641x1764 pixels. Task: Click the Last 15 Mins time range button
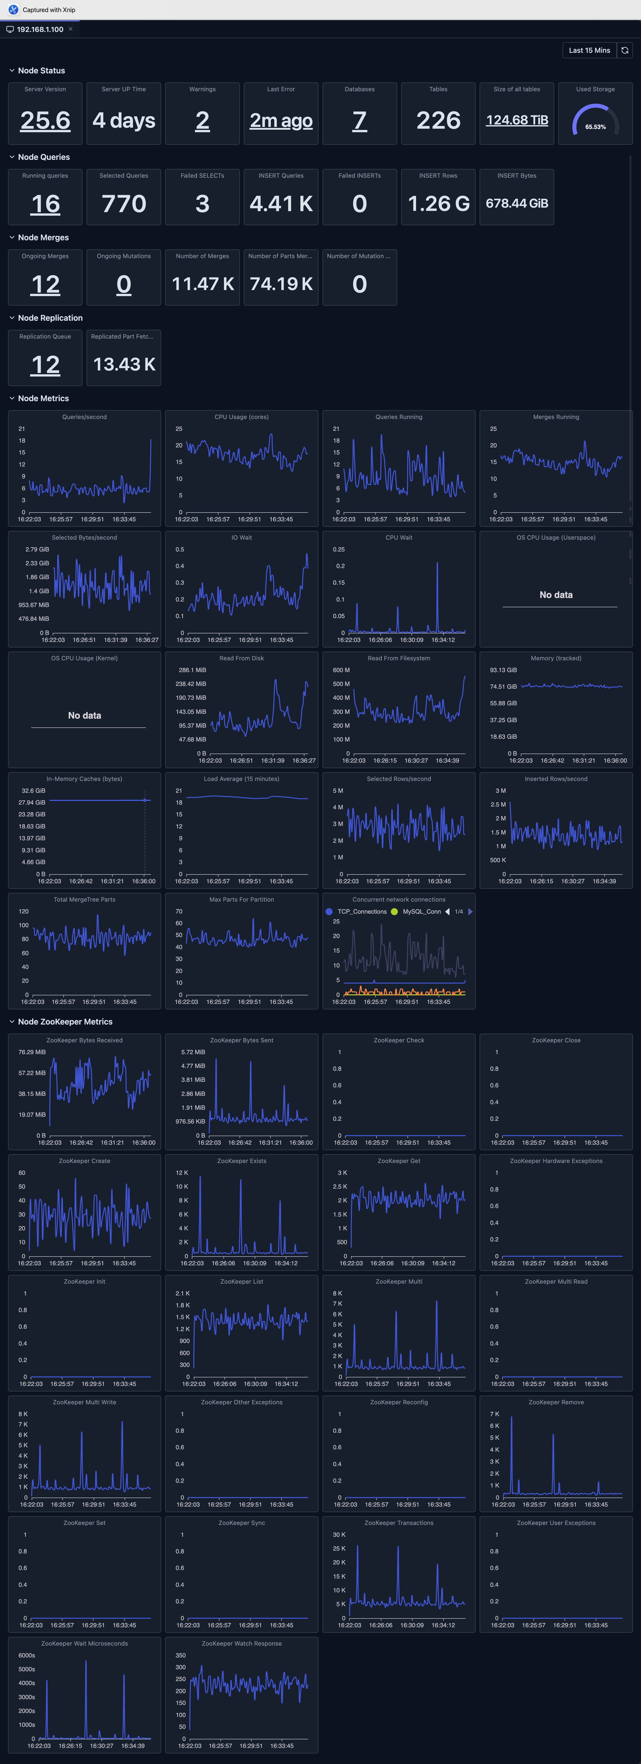(589, 50)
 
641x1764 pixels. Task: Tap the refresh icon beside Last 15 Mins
(625, 50)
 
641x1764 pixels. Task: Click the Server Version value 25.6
(45, 120)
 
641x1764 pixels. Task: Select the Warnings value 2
(202, 120)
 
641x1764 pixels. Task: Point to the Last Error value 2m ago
(281, 120)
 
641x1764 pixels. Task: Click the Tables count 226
(438, 120)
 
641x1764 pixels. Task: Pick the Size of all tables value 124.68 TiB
(517, 120)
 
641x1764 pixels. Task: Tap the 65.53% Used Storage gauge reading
(595, 127)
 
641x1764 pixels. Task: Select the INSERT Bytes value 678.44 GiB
(517, 203)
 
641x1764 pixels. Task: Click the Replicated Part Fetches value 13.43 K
(124, 364)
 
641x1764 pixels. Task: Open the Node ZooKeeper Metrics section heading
(65, 1022)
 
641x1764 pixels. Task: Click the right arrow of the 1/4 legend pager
(471, 911)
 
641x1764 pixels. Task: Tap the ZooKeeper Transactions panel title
(399, 1523)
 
